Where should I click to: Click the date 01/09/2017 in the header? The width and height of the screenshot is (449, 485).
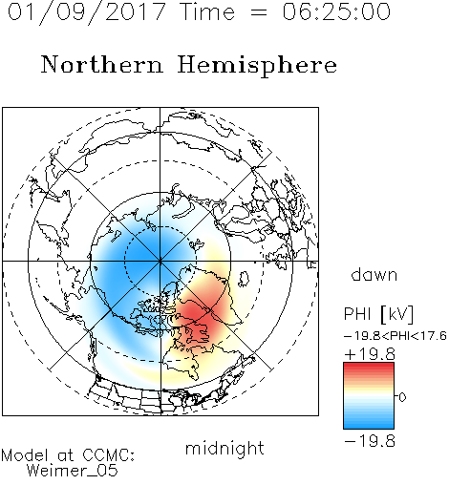pyautogui.click(x=86, y=12)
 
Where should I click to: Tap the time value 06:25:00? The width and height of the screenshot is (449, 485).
pyautogui.click(x=336, y=11)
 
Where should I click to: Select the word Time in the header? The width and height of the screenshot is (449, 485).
pyautogui.click(x=207, y=11)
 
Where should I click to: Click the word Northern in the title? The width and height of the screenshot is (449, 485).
pyautogui.click(x=102, y=64)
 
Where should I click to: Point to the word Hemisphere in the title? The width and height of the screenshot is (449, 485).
pyautogui.click(x=257, y=66)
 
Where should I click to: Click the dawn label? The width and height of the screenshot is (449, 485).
pyautogui.click(x=374, y=274)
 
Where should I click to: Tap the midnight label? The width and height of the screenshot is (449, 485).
pyautogui.click(x=224, y=448)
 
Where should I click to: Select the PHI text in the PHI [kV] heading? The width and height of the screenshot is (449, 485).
pyautogui.click(x=357, y=314)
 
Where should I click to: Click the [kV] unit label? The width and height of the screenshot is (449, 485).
pyautogui.click(x=397, y=314)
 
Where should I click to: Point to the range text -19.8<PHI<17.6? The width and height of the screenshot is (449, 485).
pyautogui.click(x=396, y=336)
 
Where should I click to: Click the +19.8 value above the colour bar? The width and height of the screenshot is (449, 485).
pyautogui.click(x=370, y=354)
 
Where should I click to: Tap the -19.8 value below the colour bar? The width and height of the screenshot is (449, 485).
pyautogui.click(x=370, y=441)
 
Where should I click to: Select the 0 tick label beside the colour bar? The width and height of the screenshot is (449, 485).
pyautogui.click(x=402, y=397)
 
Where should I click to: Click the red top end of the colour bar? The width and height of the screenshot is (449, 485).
pyautogui.click(x=369, y=367)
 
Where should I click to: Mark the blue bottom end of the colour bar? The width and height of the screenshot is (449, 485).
pyautogui.click(x=369, y=425)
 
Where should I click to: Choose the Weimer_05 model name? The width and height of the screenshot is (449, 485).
pyautogui.click(x=72, y=471)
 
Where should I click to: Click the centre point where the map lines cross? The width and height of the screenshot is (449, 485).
pyautogui.click(x=160, y=261)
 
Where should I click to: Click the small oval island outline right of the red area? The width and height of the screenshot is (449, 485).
pyautogui.click(x=244, y=279)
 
